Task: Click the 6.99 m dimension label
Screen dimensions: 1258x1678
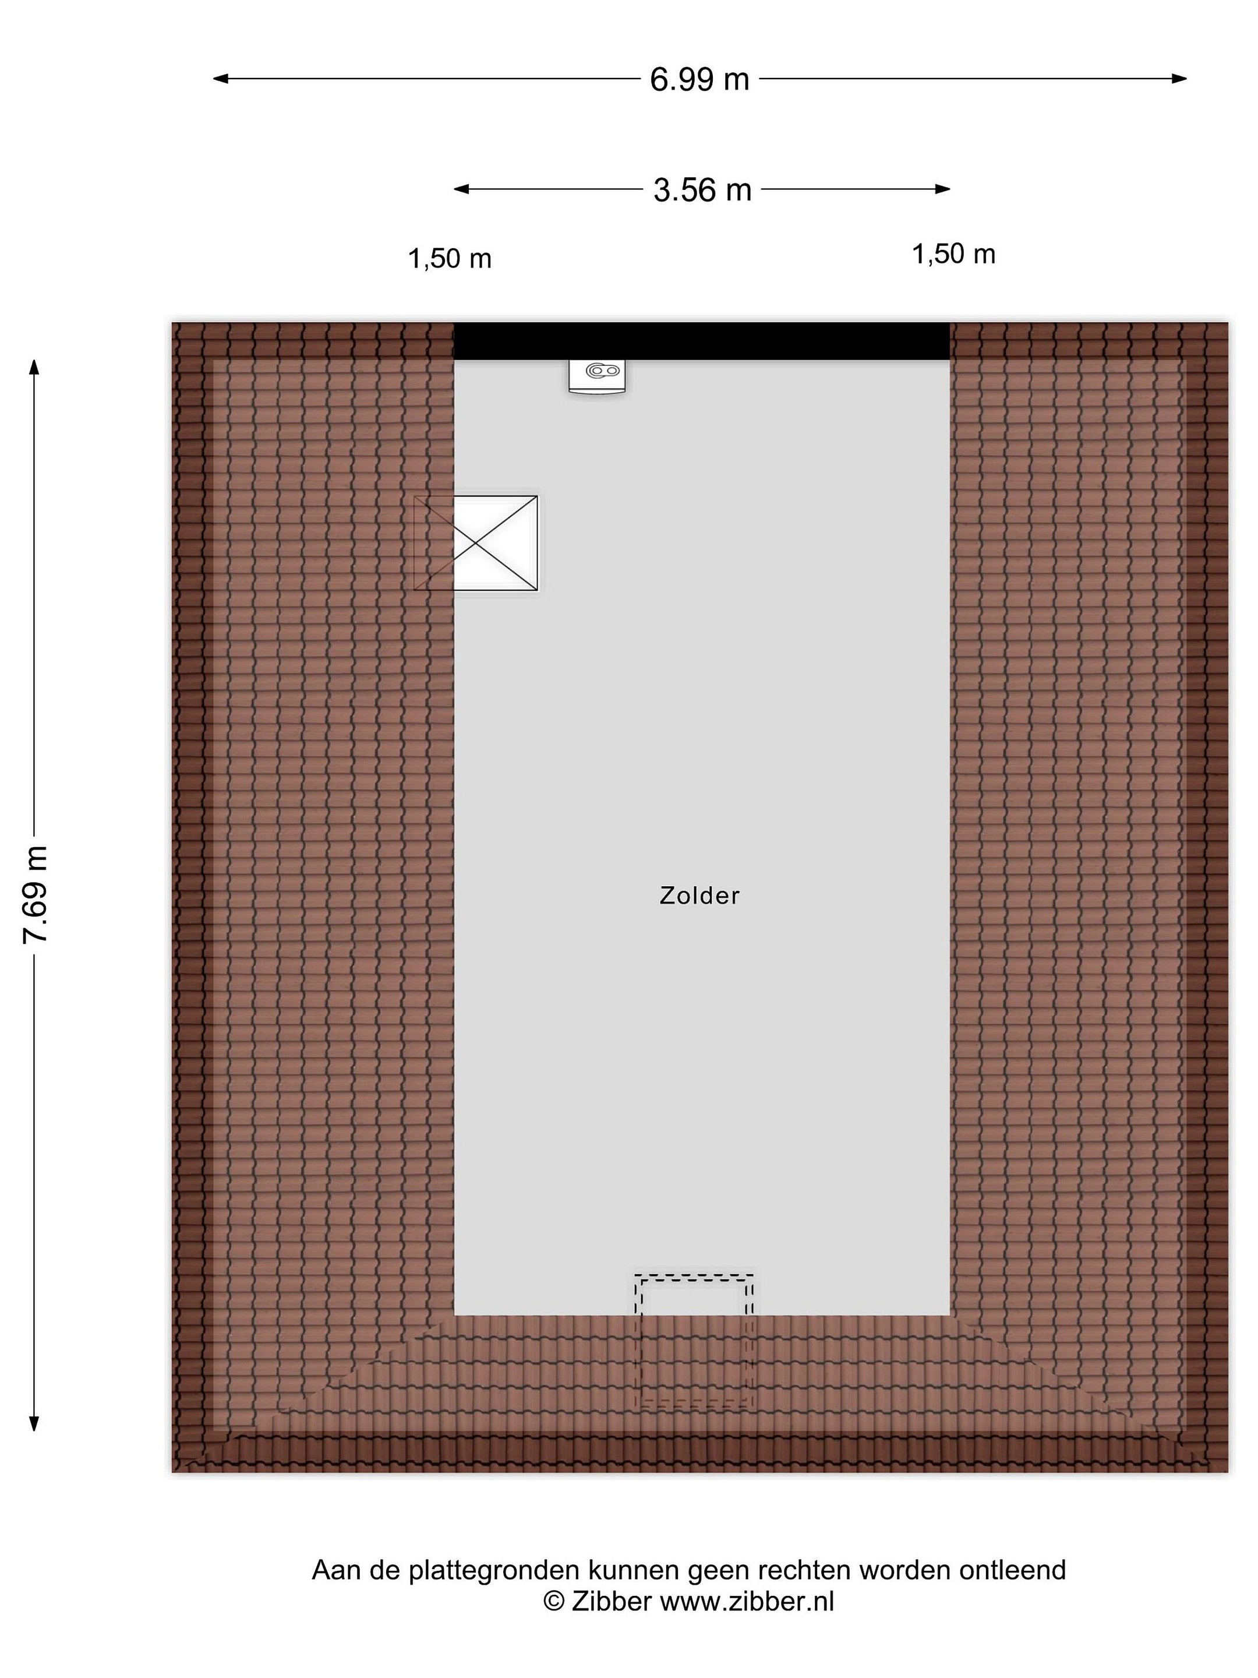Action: point(699,79)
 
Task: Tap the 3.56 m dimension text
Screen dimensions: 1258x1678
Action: point(702,189)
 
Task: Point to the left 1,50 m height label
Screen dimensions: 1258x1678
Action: point(450,259)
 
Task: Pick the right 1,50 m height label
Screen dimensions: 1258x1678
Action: point(953,255)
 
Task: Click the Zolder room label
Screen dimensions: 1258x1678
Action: point(699,896)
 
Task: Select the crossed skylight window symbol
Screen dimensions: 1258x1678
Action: point(475,543)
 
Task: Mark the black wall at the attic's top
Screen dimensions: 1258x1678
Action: point(701,341)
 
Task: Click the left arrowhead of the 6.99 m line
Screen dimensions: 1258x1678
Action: point(220,78)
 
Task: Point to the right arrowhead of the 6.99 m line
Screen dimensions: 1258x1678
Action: point(1179,78)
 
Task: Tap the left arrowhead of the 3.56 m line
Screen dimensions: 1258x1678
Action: point(461,189)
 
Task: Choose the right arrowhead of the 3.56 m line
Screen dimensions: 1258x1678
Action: point(942,189)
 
